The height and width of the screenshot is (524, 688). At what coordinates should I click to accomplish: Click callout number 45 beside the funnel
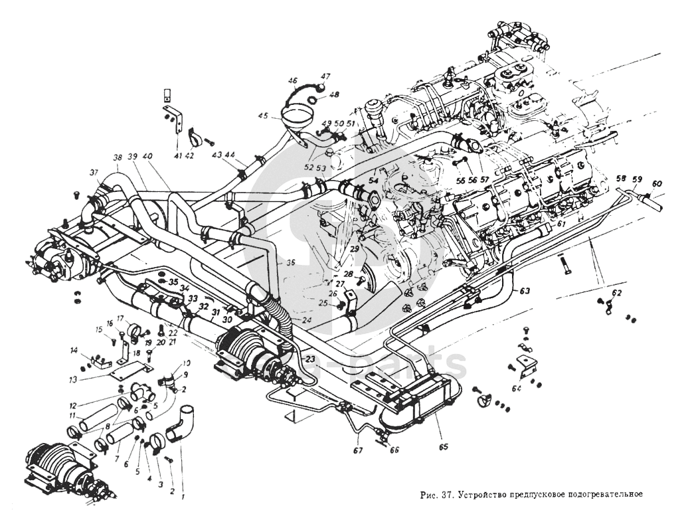pyautogui.click(x=264, y=116)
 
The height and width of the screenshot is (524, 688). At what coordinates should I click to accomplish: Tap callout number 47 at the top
pyautogui.click(x=326, y=76)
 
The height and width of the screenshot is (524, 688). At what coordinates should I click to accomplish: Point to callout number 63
pyautogui.click(x=525, y=290)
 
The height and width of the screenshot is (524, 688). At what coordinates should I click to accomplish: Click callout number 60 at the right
pyautogui.click(x=657, y=184)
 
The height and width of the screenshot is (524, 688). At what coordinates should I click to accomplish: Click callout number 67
pyautogui.click(x=359, y=452)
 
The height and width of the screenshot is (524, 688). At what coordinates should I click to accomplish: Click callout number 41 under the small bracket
pyautogui.click(x=177, y=155)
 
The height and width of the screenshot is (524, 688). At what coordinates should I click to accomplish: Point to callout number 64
pyautogui.click(x=517, y=389)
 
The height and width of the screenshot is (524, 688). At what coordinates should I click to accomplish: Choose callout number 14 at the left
pyautogui.click(x=74, y=350)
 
